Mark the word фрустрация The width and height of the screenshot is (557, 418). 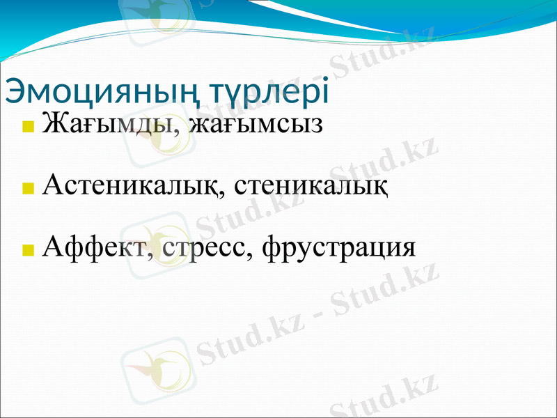tap(338, 247)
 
